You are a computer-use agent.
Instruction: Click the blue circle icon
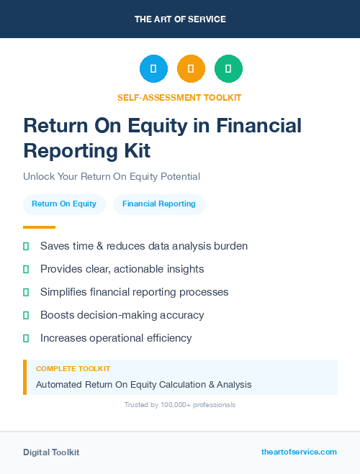click(x=153, y=69)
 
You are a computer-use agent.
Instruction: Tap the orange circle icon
click(x=191, y=69)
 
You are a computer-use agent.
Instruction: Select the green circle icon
click(x=228, y=69)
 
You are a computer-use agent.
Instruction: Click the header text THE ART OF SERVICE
click(x=180, y=19)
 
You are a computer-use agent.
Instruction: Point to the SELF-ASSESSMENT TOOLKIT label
click(x=179, y=97)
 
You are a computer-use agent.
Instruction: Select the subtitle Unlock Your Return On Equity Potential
click(x=112, y=176)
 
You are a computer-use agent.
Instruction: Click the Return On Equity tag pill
click(x=64, y=204)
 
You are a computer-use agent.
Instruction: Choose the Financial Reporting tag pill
click(x=159, y=204)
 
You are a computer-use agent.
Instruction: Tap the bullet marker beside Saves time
click(x=26, y=246)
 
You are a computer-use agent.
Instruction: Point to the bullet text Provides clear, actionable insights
click(x=122, y=269)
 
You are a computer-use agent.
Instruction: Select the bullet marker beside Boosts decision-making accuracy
click(x=26, y=315)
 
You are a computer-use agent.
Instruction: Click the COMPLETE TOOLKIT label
click(x=73, y=368)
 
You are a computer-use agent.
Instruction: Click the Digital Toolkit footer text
click(x=51, y=452)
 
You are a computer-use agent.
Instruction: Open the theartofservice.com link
click(x=299, y=452)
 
